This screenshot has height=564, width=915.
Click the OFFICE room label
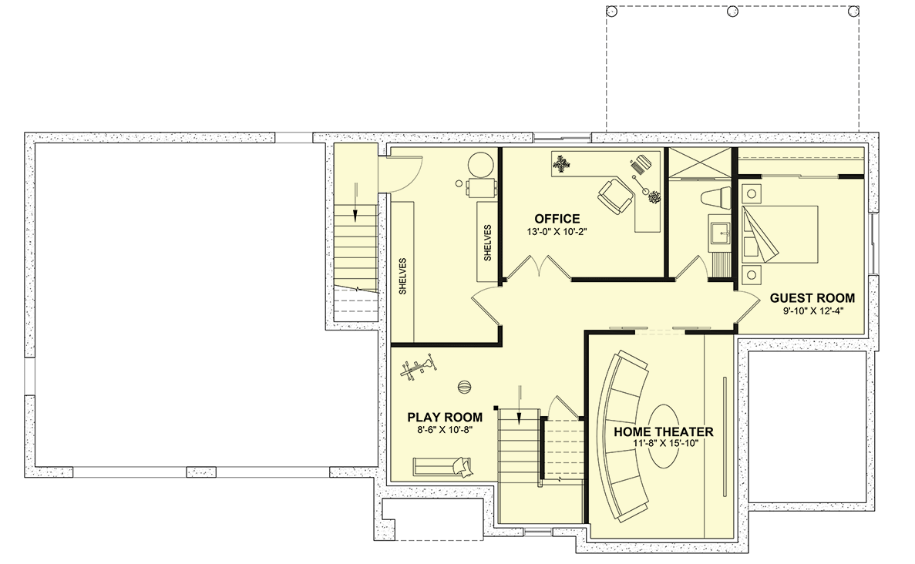(x=557, y=219)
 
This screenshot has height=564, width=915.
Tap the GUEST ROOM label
(x=812, y=298)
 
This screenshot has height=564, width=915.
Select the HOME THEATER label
(x=664, y=432)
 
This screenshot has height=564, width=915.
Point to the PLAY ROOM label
(x=445, y=418)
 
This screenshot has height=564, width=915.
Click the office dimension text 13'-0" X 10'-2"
(x=556, y=232)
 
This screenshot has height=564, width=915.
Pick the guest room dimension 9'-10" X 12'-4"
(x=813, y=311)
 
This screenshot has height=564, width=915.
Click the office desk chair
(x=615, y=196)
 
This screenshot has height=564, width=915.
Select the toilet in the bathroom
(x=715, y=198)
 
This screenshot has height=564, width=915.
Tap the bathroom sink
(x=719, y=233)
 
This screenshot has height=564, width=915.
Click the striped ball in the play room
(x=464, y=387)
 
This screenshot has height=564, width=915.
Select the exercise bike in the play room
(x=418, y=368)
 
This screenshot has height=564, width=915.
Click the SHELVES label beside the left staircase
(x=402, y=276)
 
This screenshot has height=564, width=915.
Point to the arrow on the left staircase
(x=355, y=202)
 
